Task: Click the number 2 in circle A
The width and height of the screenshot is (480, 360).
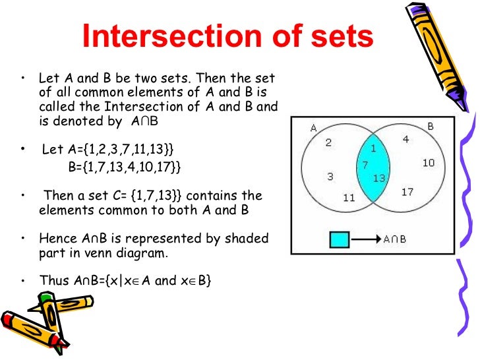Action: pyautogui.click(x=328, y=142)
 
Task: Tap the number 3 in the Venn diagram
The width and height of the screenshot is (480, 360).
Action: pyautogui.click(x=330, y=176)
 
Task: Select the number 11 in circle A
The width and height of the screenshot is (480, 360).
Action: pyautogui.click(x=349, y=197)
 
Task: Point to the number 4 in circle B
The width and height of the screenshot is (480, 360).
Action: pyautogui.click(x=406, y=139)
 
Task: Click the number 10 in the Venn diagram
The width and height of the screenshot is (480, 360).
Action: pyautogui.click(x=429, y=162)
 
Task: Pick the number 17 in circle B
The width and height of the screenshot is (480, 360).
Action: pyautogui.click(x=407, y=192)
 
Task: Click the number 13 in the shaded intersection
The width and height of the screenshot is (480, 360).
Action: pyautogui.click(x=378, y=178)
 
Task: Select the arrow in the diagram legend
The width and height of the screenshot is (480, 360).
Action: pyautogui.click(x=365, y=239)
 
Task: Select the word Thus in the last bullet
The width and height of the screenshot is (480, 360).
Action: pyautogui.click(x=54, y=280)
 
